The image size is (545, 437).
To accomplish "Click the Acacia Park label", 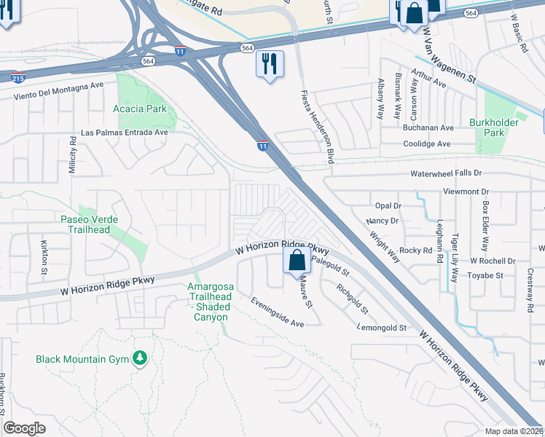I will tap(140, 109).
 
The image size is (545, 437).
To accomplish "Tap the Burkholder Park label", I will tap(497, 128).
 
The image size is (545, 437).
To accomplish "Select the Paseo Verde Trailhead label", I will tap(105, 225).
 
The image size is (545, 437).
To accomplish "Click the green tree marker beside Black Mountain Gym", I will tap(140, 358).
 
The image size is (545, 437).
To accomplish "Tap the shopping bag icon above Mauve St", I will tap(297, 261).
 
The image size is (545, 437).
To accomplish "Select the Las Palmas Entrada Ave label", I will tap(124, 133).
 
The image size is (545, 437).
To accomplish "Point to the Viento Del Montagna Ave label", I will tap(59, 95).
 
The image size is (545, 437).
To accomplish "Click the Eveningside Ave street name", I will tap(277, 312).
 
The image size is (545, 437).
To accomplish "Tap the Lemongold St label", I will tap(382, 328).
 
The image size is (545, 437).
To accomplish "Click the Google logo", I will tap(24, 428).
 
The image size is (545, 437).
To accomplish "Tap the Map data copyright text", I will tap(514, 430).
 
